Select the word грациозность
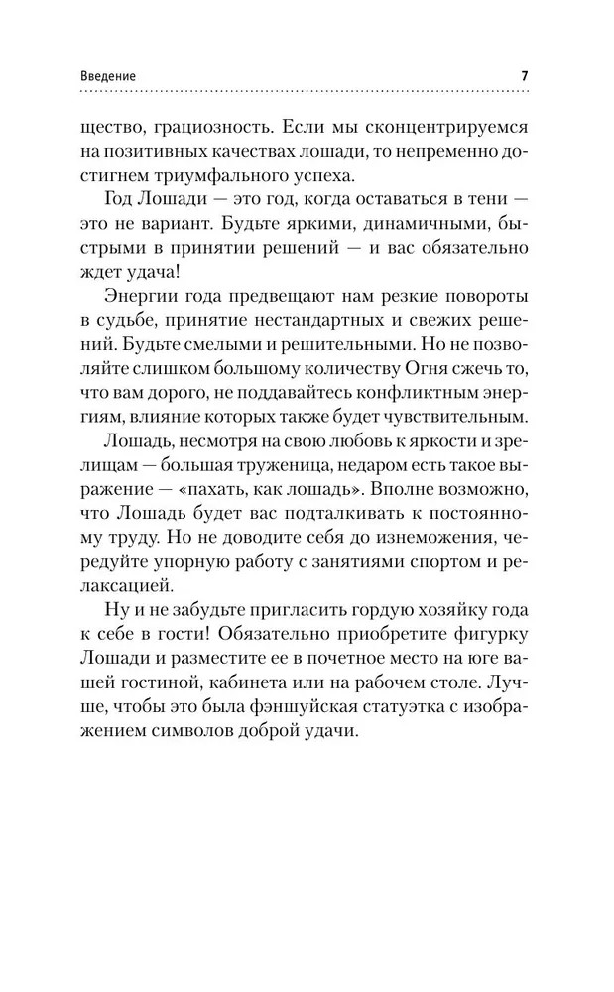(206, 128)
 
